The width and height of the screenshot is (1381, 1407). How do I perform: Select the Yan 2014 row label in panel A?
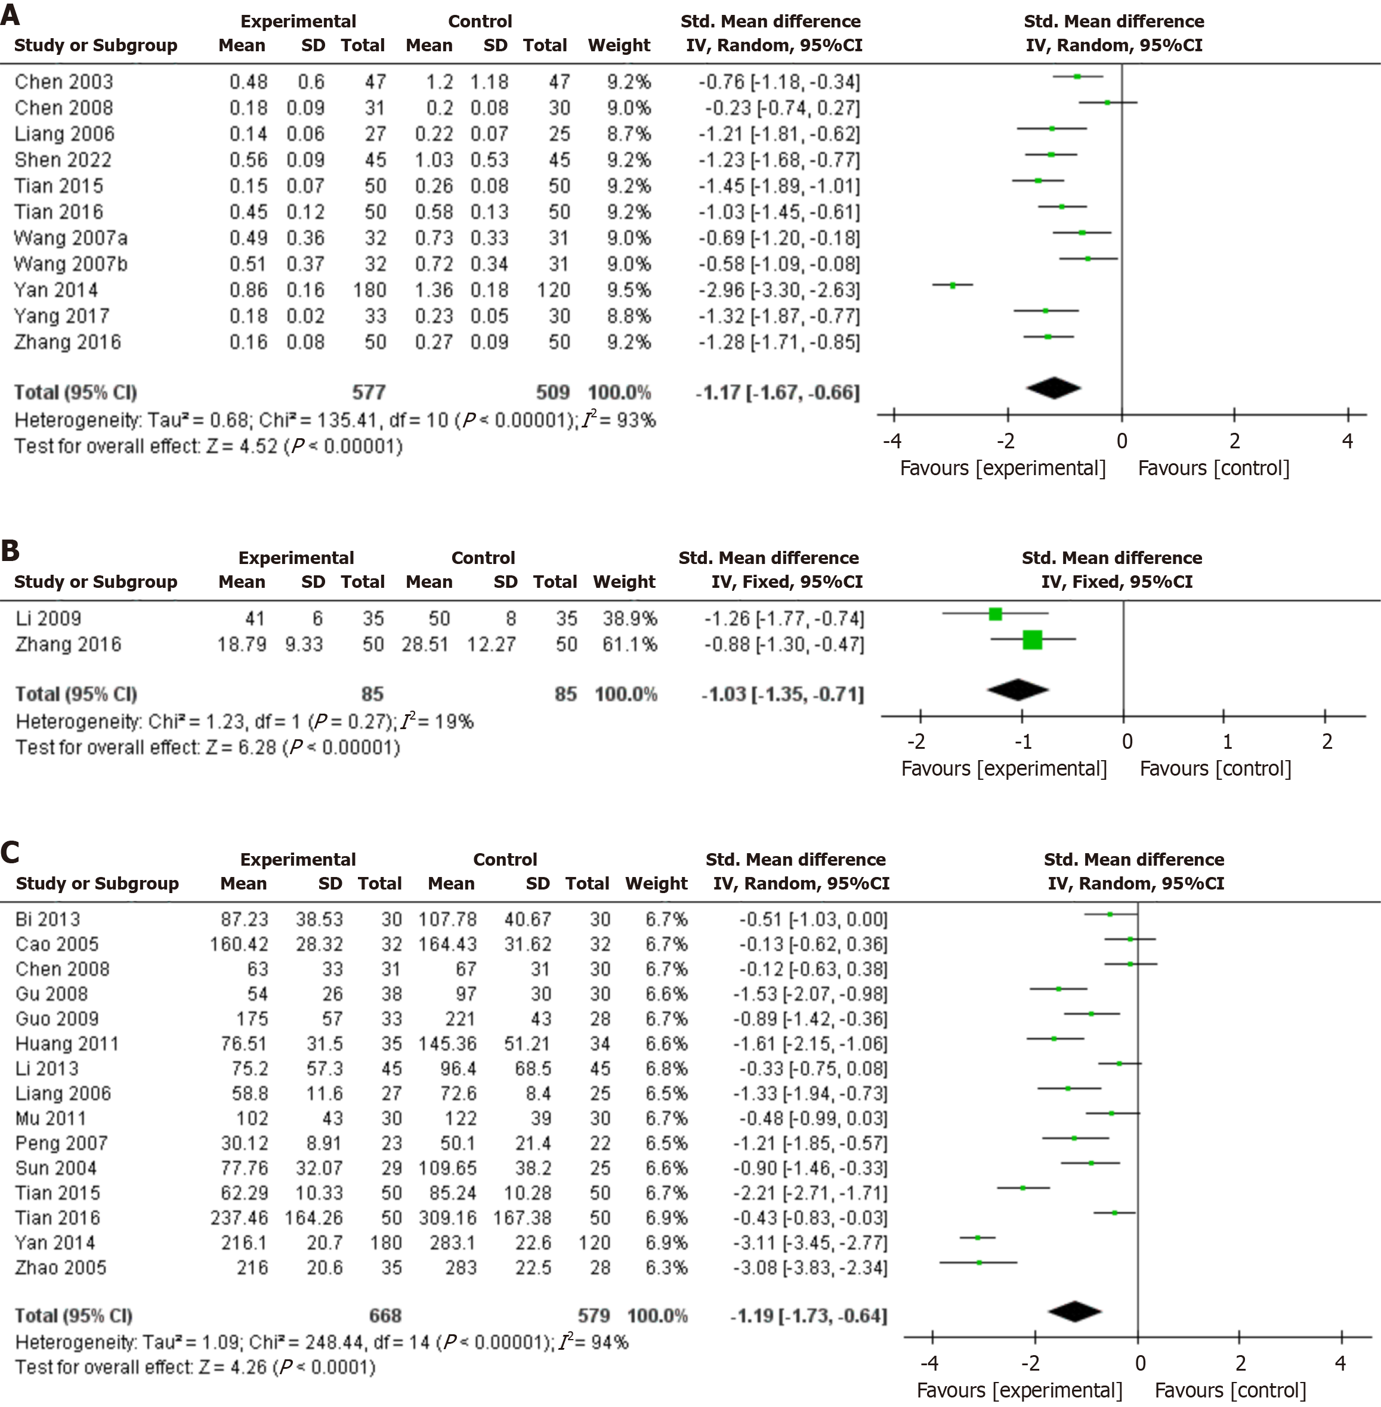click(56, 290)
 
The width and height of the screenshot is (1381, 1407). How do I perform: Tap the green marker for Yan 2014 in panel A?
click(952, 285)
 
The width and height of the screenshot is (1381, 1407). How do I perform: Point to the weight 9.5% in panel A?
click(629, 290)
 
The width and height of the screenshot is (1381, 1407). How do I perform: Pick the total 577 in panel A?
click(369, 392)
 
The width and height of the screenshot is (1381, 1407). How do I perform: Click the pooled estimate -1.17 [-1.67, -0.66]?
click(777, 392)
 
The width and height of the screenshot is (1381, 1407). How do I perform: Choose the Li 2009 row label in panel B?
click(48, 618)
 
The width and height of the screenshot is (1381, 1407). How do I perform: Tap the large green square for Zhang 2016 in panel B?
click(1032, 639)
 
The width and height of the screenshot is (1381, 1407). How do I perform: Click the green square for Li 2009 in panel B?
click(995, 614)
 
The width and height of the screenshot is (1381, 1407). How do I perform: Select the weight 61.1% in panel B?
click(629, 644)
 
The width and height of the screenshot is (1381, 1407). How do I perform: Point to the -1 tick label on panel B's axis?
click(1022, 742)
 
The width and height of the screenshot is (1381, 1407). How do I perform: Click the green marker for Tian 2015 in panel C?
click(1022, 1188)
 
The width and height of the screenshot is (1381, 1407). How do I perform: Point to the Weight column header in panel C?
click(656, 883)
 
